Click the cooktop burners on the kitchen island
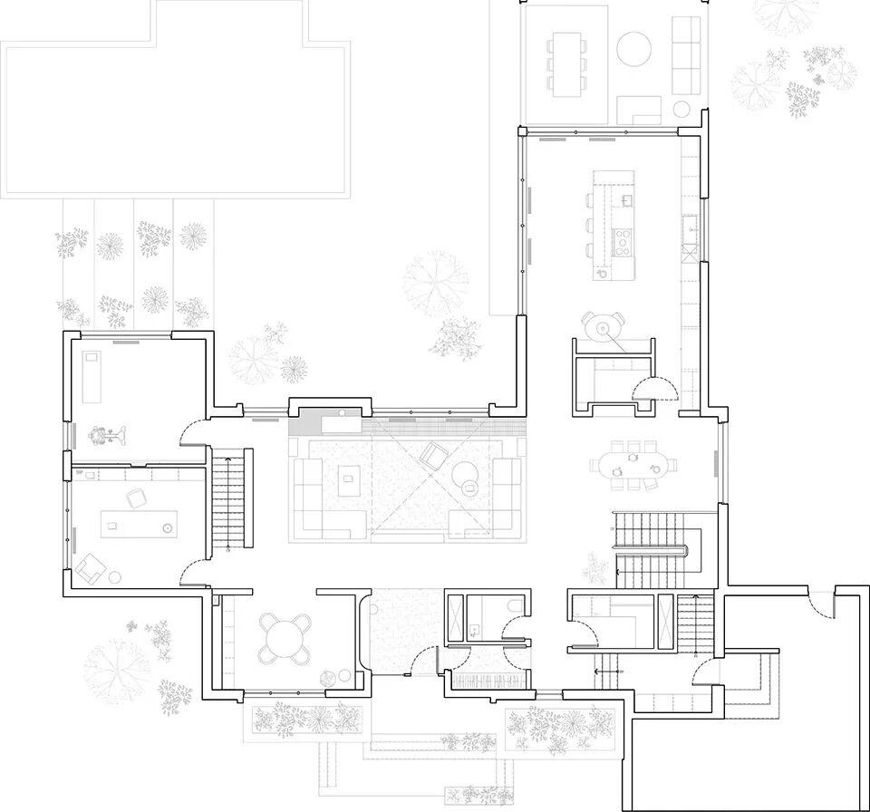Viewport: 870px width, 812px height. click(624, 240)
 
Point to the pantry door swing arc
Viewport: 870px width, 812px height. click(653, 389)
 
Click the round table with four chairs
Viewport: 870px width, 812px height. click(285, 638)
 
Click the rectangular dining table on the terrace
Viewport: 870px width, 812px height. click(566, 63)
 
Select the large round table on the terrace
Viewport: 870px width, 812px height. click(633, 48)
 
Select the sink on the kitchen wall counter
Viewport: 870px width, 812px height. click(690, 227)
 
